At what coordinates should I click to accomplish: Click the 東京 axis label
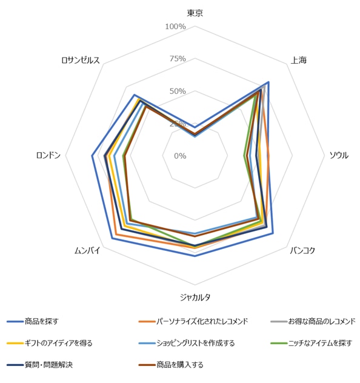pos(195,13)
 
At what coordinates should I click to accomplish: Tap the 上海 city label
pos(299,60)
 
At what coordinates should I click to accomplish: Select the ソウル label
pos(338,155)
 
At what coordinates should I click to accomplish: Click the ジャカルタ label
pos(195,297)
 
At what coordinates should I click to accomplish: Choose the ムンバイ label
pos(87,250)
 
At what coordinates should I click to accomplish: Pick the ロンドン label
pos(48,155)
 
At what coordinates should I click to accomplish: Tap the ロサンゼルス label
pos(81,60)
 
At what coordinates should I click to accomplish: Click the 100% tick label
pos(175,27)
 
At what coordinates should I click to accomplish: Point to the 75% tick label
pos(178,59)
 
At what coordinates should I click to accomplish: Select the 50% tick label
pos(178,92)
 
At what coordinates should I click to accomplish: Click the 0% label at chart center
pos(180,156)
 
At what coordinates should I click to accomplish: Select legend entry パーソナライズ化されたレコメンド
pos(202,321)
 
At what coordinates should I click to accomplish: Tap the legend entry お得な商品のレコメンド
pos(321,321)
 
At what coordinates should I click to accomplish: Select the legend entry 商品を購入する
pos(179,365)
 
